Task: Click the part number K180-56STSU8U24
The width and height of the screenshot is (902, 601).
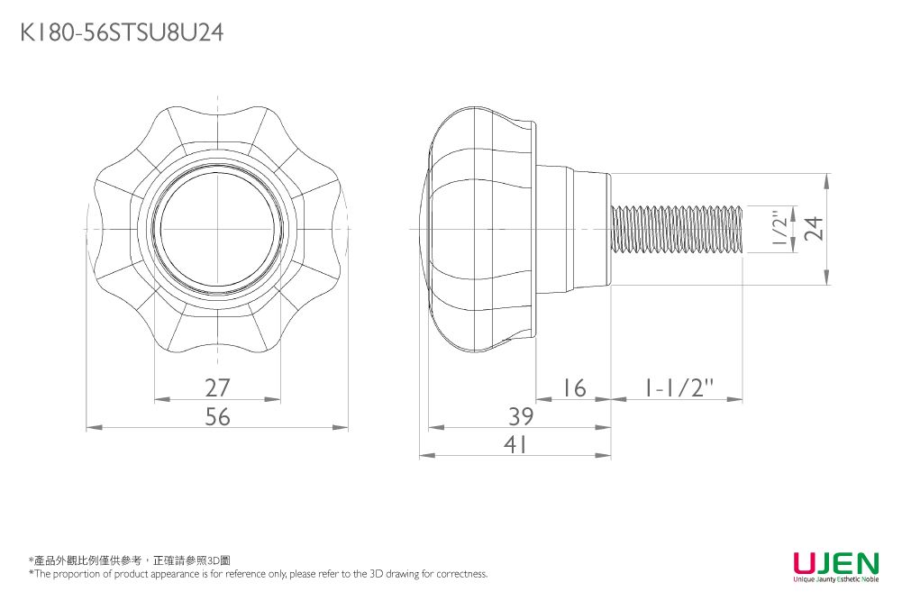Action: tap(122, 32)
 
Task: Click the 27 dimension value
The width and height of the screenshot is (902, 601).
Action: tap(217, 387)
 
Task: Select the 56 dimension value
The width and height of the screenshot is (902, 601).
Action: tap(217, 416)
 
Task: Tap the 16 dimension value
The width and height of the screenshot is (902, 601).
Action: tap(573, 387)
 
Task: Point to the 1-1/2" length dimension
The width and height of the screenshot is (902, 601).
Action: tap(678, 387)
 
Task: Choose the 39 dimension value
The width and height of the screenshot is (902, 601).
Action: tap(521, 416)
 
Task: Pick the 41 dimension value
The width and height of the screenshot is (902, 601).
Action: tap(515, 444)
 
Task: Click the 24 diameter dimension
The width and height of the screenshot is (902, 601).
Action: tap(814, 228)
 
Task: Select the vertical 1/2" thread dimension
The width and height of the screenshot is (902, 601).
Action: tap(779, 229)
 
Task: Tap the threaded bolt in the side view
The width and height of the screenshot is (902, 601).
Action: tap(677, 229)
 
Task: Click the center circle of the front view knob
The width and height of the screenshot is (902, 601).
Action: tap(217, 228)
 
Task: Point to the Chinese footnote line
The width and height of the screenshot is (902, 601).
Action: tap(130, 560)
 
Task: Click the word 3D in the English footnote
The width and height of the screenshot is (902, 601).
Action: tap(376, 573)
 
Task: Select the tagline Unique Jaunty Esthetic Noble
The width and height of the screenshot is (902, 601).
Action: tap(836, 579)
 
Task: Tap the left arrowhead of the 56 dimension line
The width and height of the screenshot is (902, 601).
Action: tap(94, 427)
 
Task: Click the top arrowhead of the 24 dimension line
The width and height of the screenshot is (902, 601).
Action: tap(826, 181)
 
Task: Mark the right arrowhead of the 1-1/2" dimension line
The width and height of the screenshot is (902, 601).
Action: tap(735, 398)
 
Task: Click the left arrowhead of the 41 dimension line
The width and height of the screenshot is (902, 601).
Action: tap(427, 456)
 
